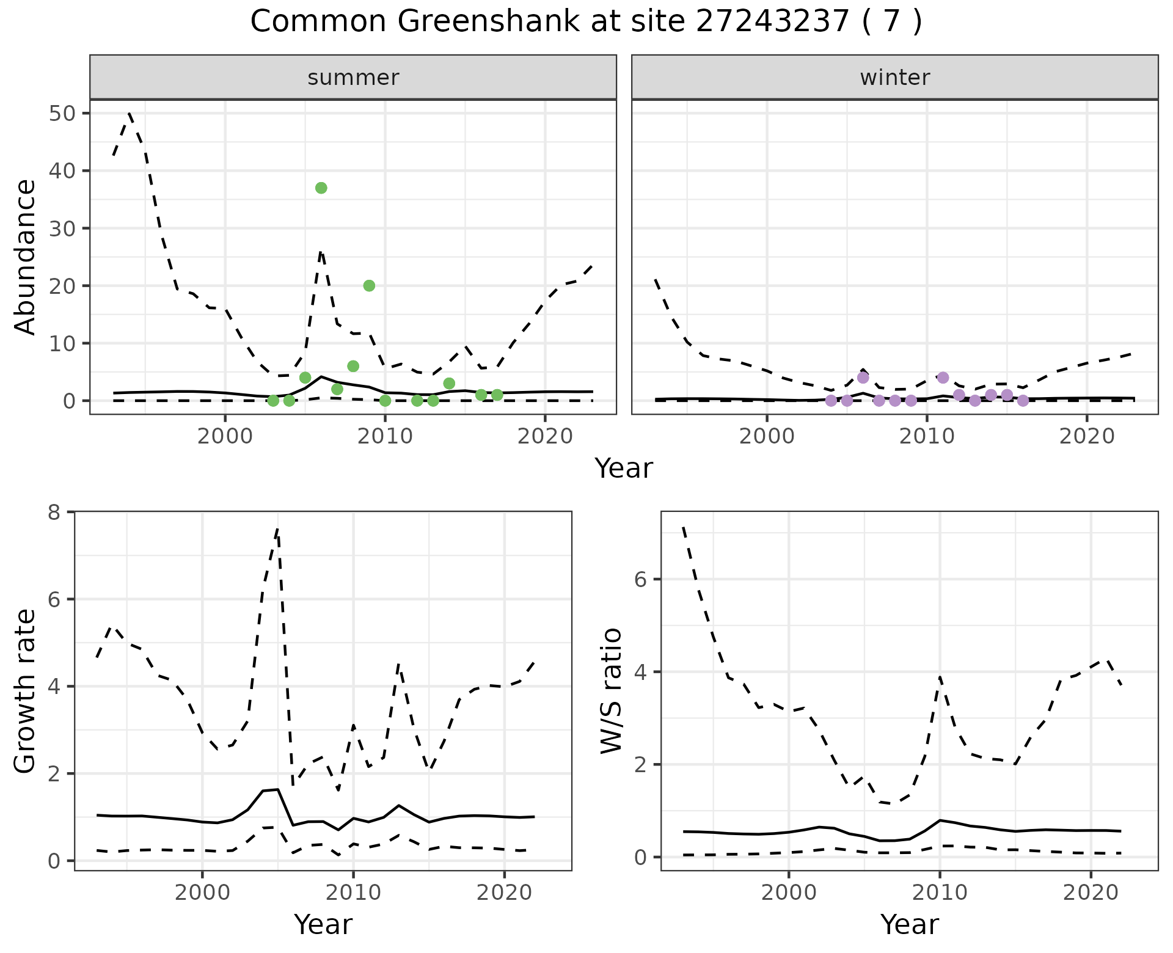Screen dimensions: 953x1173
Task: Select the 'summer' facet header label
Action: [353, 78]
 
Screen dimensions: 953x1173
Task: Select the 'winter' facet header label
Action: [894, 78]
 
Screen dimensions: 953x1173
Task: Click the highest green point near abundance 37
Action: [321, 188]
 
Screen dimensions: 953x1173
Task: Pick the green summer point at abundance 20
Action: [369, 285]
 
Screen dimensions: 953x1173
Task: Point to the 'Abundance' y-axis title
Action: [26, 257]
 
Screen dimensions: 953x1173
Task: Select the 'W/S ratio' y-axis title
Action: [611, 691]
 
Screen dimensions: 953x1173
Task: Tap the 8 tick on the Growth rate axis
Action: [55, 512]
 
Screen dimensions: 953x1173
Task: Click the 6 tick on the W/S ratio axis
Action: [641, 579]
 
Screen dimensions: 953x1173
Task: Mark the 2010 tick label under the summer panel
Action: [385, 436]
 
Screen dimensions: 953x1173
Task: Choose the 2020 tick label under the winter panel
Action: [1087, 436]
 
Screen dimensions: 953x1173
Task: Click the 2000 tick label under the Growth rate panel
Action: [202, 893]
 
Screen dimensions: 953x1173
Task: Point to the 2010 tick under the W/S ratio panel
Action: [940, 893]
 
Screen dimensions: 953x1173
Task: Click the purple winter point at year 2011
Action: [943, 378]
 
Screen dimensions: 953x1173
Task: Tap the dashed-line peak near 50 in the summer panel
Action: [130, 114]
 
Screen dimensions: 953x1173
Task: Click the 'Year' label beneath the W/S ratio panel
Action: [909, 924]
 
